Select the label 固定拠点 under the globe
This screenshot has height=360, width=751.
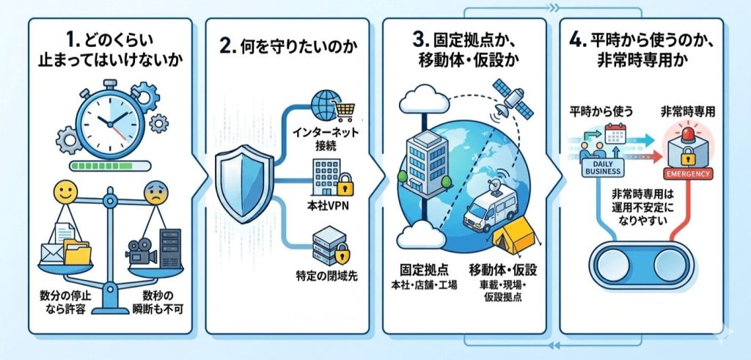point(421,270)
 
